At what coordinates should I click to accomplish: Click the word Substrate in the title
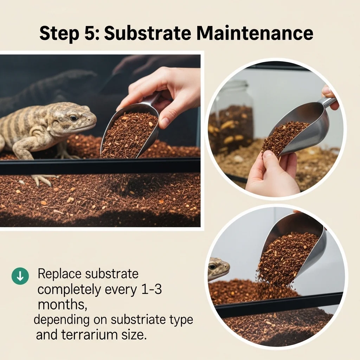(x=147, y=33)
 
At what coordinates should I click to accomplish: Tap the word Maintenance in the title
(x=255, y=33)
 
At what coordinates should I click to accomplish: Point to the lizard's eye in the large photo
(x=73, y=118)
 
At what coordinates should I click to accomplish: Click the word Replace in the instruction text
(x=59, y=274)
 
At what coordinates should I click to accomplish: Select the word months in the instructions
(x=62, y=305)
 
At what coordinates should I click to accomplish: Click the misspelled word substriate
(x=138, y=320)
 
